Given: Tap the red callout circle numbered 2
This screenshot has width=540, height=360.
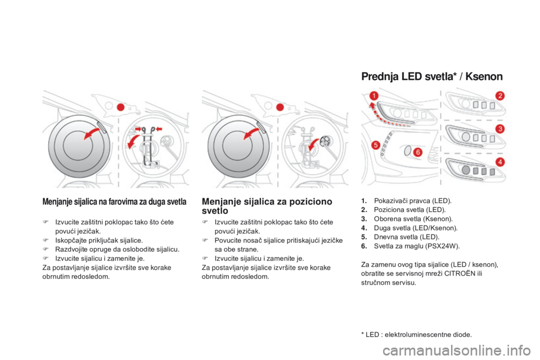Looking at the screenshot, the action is point(500,96).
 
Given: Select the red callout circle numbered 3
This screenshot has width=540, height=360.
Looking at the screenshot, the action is point(500,129).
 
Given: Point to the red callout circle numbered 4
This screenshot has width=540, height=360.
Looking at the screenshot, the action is point(500,161).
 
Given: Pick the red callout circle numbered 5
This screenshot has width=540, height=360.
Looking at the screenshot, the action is point(376,145).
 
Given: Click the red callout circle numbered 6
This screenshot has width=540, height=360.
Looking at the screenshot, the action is point(418,152).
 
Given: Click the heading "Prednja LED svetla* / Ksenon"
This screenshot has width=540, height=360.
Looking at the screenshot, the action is point(432,76).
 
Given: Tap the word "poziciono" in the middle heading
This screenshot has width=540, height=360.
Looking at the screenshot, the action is point(310,201).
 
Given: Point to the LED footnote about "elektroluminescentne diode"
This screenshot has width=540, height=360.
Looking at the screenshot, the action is point(416,335).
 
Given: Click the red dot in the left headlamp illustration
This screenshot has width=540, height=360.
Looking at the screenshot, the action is point(120,107).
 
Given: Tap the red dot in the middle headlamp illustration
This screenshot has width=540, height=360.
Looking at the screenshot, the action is point(280,107).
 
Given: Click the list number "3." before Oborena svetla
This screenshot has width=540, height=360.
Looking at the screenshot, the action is point(364,219).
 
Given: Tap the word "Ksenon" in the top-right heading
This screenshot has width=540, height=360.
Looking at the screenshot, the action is point(484,76).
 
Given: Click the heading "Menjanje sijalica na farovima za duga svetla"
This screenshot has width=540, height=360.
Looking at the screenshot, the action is point(114,201).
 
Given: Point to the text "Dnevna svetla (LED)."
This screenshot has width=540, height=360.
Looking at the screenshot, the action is point(407,237).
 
